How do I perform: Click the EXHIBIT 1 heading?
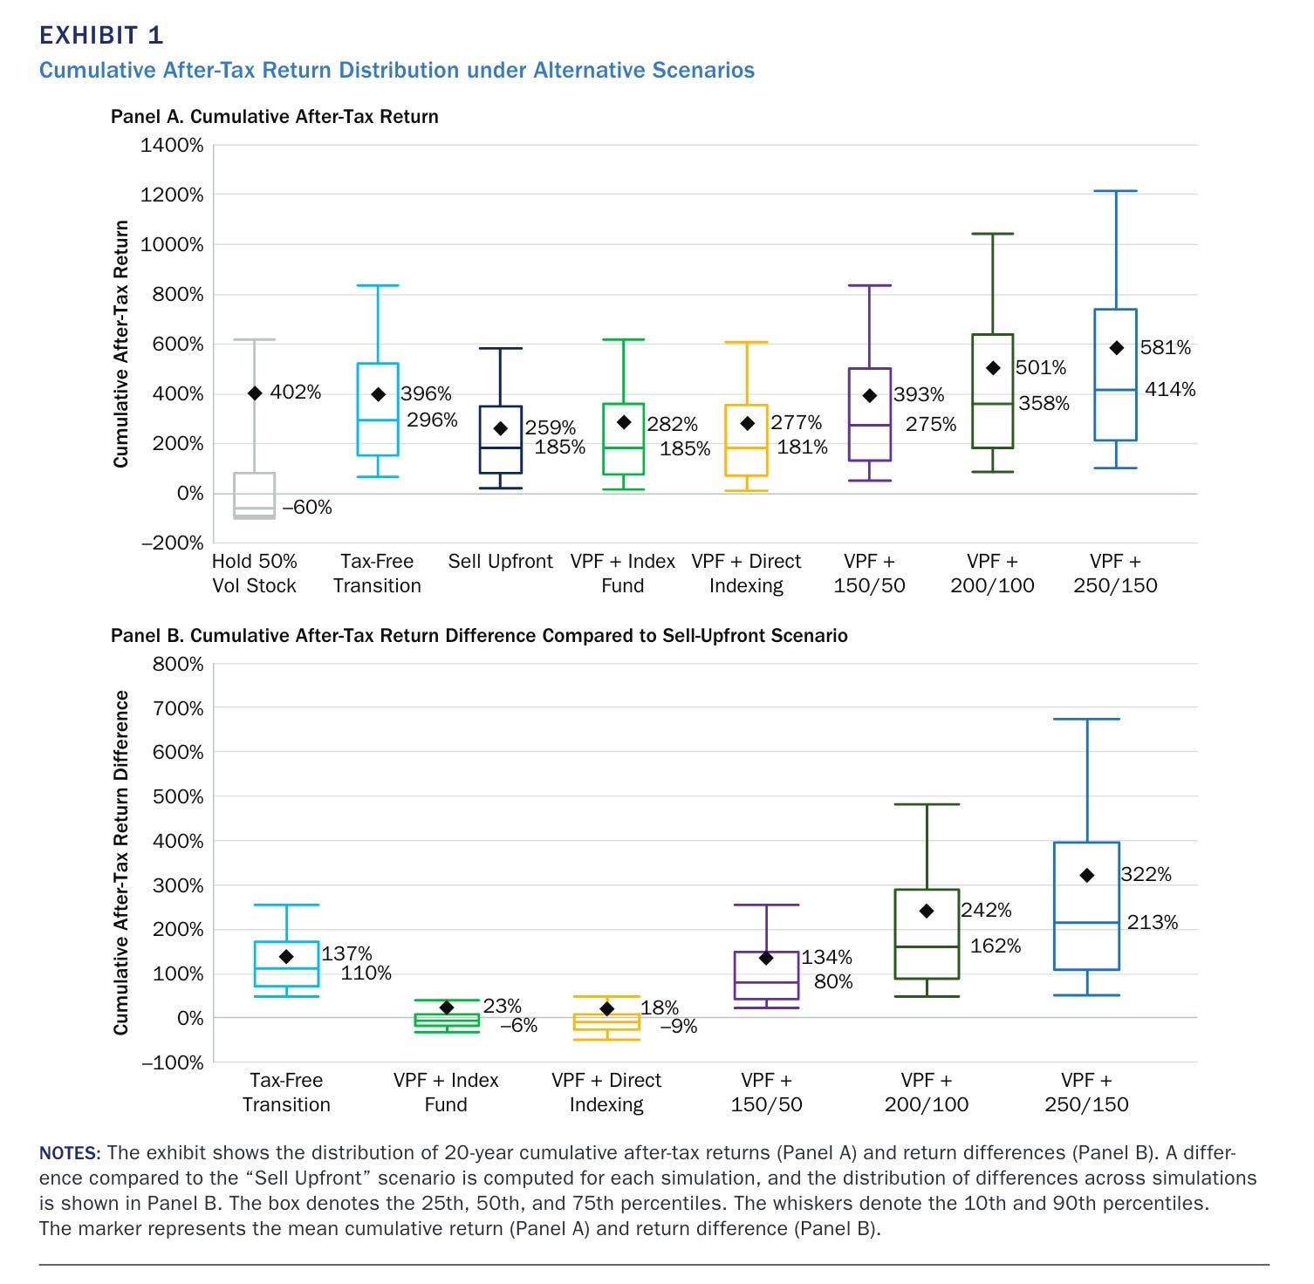pos(101,35)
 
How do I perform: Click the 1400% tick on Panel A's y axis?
pos(172,145)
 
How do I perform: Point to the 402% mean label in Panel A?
pos(295,393)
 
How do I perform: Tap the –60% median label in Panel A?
pos(306,508)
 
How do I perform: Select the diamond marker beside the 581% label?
pos(1116,348)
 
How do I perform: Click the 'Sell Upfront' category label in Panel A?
pos(500,562)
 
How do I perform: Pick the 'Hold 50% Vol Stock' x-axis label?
pos(254,574)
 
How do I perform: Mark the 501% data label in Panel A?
pos(1040,368)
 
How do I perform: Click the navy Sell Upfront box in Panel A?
pos(500,440)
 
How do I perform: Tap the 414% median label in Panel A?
pos(1169,390)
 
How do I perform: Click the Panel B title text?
pos(478,636)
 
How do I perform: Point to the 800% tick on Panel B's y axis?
pos(178,664)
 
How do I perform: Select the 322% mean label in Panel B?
pos(1146,875)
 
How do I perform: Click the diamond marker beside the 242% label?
pos(927,911)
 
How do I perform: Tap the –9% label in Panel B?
pos(678,1027)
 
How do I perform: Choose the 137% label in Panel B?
pos(346,954)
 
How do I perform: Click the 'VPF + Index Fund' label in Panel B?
pos(446,1092)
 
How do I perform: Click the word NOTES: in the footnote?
pos(70,1153)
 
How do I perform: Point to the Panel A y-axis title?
pos(121,344)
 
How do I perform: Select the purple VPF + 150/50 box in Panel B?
pos(766,975)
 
